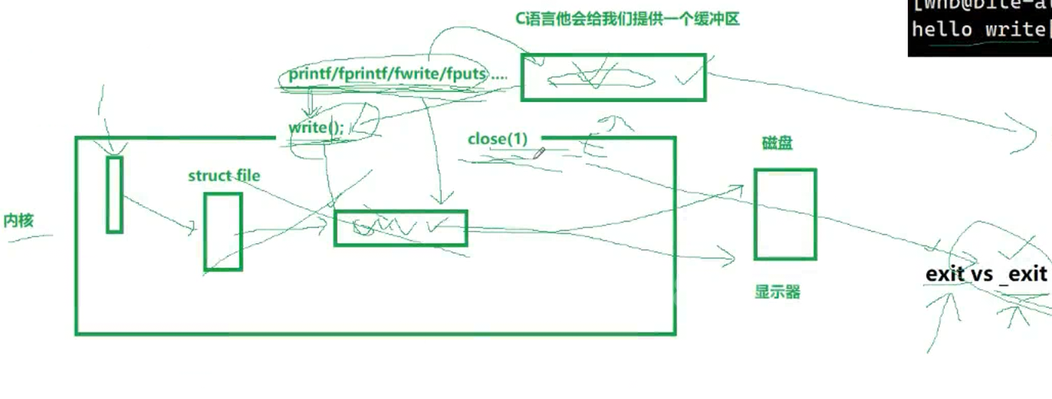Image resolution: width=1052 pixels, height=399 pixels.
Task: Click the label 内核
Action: (x=18, y=221)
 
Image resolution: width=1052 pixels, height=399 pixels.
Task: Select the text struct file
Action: (x=224, y=176)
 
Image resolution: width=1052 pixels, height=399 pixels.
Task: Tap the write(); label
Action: (x=316, y=127)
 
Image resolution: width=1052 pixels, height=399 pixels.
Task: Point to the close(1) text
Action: (x=498, y=139)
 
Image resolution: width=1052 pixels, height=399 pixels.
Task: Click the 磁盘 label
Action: (x=777, y=143)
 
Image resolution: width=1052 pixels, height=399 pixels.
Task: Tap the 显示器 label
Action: (x=777, y=292)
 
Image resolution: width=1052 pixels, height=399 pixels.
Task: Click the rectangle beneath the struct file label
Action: (x=223, y=232)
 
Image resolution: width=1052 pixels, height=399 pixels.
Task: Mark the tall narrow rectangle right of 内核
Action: (x=114, y=194)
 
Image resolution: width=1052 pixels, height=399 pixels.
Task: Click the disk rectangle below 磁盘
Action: (x=785, y=215)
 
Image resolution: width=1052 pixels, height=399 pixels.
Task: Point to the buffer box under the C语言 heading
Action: (x=613, y=77)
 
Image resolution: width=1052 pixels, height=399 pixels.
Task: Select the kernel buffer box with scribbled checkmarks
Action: (x=400, y=228)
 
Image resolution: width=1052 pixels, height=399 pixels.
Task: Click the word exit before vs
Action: (x=945, y=274)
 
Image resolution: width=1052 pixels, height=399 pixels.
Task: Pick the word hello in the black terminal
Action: (x=943, y=30)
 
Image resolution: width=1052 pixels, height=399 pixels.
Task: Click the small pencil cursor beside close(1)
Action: (x=539, y=153)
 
